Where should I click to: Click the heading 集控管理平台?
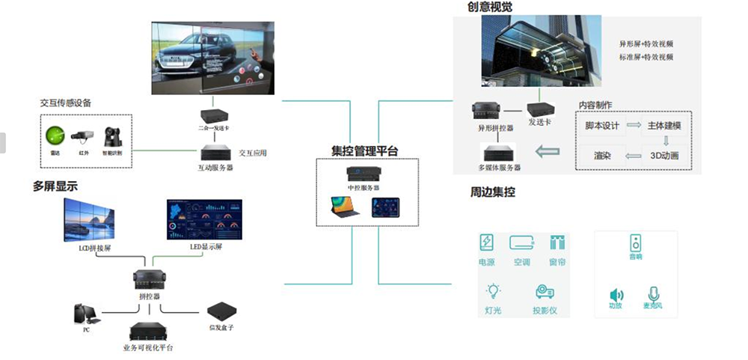365,151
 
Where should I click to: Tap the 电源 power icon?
487,243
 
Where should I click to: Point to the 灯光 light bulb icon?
493,291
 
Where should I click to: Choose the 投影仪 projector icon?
544,291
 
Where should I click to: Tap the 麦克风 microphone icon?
652,293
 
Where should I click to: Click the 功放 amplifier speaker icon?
616,295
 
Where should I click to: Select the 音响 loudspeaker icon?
635,242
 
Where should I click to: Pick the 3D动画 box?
664,156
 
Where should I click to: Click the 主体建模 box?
664,125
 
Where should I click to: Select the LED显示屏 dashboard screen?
204,219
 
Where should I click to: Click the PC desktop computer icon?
83,314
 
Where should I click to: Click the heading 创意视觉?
490,7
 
